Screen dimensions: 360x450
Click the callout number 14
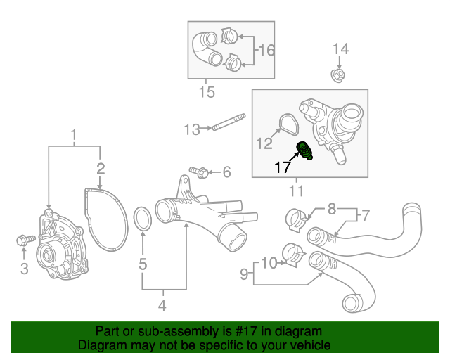coord(340,49)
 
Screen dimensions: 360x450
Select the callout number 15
coord(206,92)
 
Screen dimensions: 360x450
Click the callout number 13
coord(192,129)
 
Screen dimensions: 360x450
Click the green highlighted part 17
coord(307,150)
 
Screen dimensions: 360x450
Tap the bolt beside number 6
coord(197,172)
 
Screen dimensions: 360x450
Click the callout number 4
coord(162,306)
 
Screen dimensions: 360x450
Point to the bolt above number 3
coord(22,241)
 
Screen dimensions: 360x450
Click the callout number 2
coord(101,168)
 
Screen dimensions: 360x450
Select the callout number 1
coord(73,134)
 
